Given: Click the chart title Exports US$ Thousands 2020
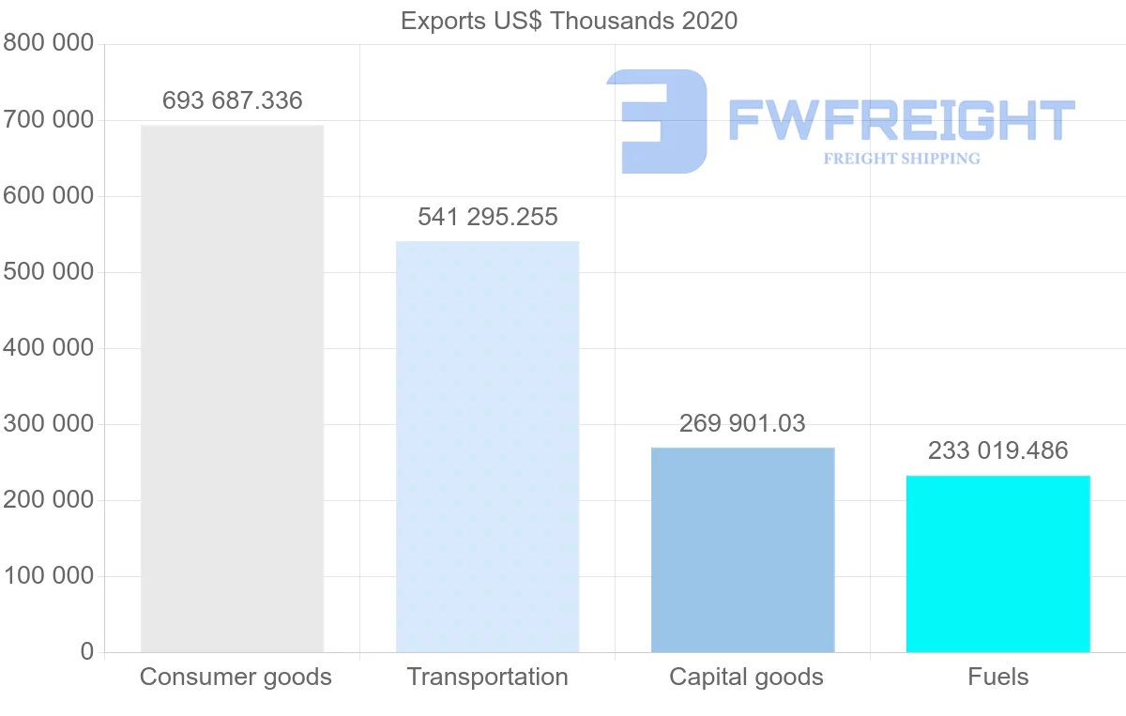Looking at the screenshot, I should pos(569,20).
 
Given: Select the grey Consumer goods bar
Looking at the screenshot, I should pos(232,388).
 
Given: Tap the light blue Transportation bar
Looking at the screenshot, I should pos(487,447).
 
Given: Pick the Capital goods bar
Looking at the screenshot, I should pos(742,550).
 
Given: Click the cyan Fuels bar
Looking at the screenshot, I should pos(997,564).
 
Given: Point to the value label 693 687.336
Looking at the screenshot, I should pos(232,100).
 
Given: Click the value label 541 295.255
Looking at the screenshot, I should pos(487,217).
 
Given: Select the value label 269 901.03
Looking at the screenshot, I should pos(742,423).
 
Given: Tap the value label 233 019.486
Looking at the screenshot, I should pos(997,451).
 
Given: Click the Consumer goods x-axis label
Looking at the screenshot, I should pos(236,677).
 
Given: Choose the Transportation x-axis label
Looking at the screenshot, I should pos(487,677).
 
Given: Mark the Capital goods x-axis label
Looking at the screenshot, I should pos(746,677).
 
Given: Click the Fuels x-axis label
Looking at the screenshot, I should pos(998,677).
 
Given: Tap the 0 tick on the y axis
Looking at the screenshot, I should pos(86,651).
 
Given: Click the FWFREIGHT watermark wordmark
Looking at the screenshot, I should pos(901,120).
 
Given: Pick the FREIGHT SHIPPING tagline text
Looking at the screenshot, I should pos(901,159).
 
